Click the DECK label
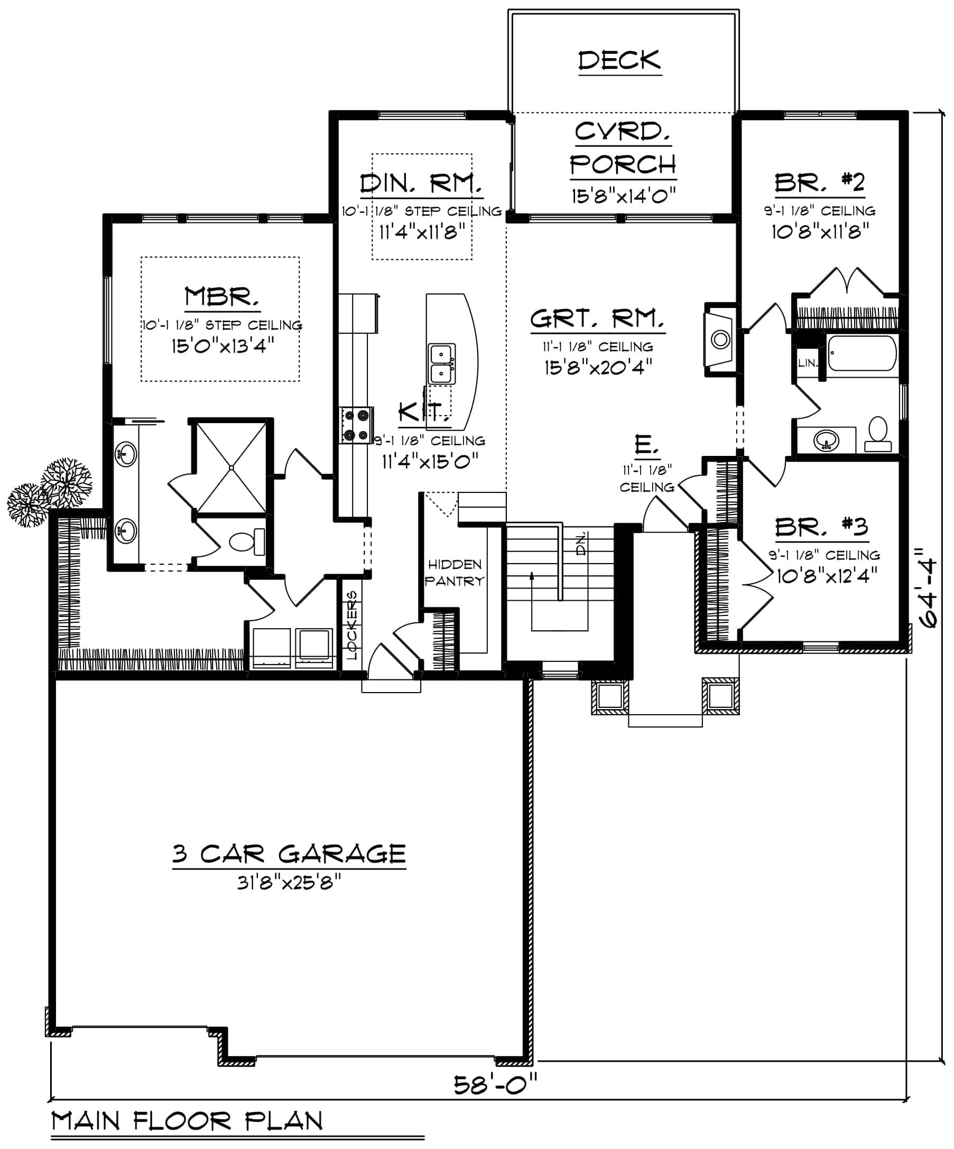coord(619,60)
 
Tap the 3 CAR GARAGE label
coord(289,854)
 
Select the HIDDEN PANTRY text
coord(455,572)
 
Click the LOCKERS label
coord(351,625)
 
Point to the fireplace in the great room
coord(720,339)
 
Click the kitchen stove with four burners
coord(356,425)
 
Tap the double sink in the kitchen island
coord(441,364)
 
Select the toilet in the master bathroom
coord(247,541)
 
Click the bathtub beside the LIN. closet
coord(862,353)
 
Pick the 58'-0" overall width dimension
coord(496,1083)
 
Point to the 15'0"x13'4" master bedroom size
coord(222,346)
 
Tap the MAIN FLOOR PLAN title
coord(187,1121)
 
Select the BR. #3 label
coord(821,527)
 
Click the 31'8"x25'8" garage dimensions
coord(289,882)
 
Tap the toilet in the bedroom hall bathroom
coord(878,434)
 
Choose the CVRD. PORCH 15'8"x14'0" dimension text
coord(624,195)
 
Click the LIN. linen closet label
coord(807,363)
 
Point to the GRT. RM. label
coord(598,319)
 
